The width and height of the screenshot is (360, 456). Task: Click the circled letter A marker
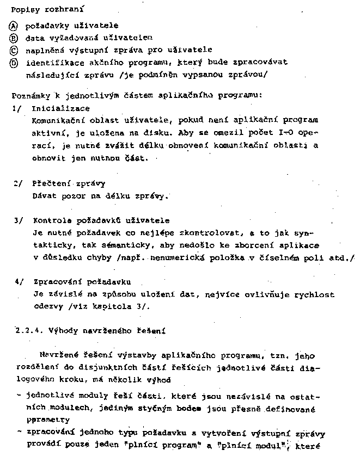click(14, 26)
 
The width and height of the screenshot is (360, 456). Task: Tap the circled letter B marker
click(14, 38)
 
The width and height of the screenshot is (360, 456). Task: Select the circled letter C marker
click(14, 50)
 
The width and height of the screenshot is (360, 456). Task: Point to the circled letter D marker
click(14, 63)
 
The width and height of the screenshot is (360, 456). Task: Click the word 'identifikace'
click(52, 63)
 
